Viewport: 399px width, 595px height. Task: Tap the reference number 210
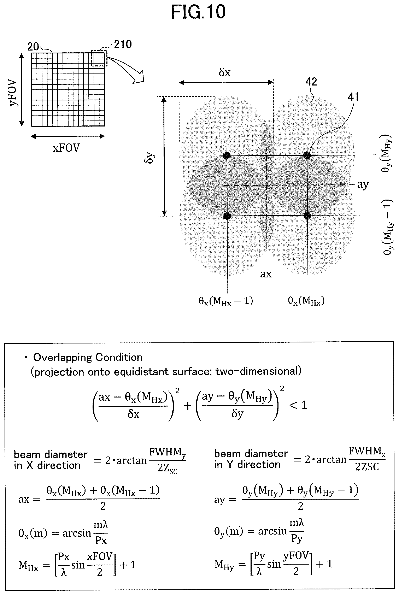[x=123, y=44]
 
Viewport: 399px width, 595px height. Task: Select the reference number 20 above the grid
[x=33, y=47]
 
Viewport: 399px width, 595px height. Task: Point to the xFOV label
[x=66, y=148]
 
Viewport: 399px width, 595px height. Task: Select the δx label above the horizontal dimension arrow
[x=225, y=72]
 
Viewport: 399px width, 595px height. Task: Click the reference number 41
[x=353, y=97]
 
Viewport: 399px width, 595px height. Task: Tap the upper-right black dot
[x=307, y=155]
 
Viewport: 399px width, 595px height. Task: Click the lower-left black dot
[x=227, y=216]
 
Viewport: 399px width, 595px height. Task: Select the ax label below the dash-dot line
[x=266, y=274]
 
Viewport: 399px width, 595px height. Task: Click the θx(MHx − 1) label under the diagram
[x=226, y=301]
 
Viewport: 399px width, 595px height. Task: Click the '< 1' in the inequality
[x=298, y=405]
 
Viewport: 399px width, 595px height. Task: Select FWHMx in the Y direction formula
[x=367, y=452]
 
